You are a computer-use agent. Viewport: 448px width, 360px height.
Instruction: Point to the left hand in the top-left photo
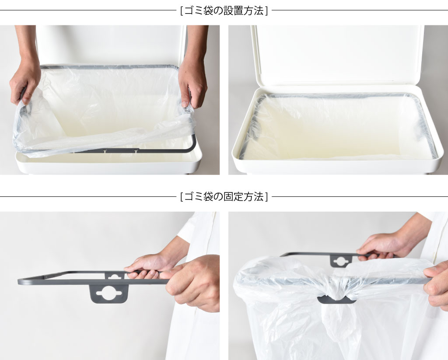point(24,83)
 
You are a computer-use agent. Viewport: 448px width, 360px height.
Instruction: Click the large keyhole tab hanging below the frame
point(109,294)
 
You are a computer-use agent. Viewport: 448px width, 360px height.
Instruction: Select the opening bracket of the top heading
point(182,11)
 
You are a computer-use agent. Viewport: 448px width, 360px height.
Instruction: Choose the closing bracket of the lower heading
point(266,197)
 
